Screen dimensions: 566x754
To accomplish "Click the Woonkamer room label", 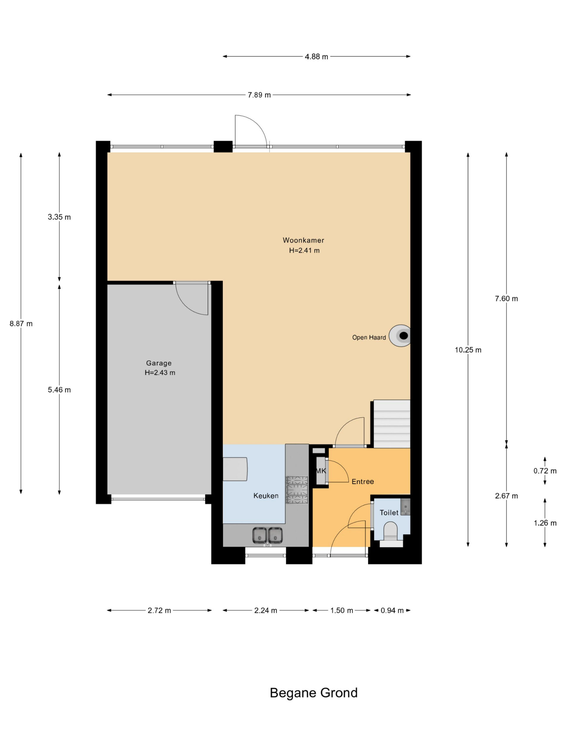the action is [303, 240].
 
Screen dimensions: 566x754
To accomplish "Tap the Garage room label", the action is [159, 363].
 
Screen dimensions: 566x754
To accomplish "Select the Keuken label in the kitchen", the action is [266, 496].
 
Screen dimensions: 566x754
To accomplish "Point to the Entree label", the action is [363, 481].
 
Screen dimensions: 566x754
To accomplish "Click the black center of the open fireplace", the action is [404, 336].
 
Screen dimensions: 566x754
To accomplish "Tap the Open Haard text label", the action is [369, 338].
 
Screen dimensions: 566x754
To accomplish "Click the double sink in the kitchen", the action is [267, 535].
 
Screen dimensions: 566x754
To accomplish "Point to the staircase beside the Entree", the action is [392, 424].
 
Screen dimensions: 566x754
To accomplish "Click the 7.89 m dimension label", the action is [259, 95].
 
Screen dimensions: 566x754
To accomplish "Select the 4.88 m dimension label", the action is [316, 57].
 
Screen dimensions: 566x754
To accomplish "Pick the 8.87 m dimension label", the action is [21, 323].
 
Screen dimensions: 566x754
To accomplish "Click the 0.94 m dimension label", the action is [392, 610].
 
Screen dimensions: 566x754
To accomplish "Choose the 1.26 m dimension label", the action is [545, 523].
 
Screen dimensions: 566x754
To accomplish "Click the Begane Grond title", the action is [314, 693].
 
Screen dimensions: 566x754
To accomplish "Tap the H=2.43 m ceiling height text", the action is [160, 373].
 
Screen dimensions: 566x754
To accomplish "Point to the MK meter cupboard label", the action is [321, 471].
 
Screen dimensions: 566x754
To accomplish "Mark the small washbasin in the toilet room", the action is [405, 507].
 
